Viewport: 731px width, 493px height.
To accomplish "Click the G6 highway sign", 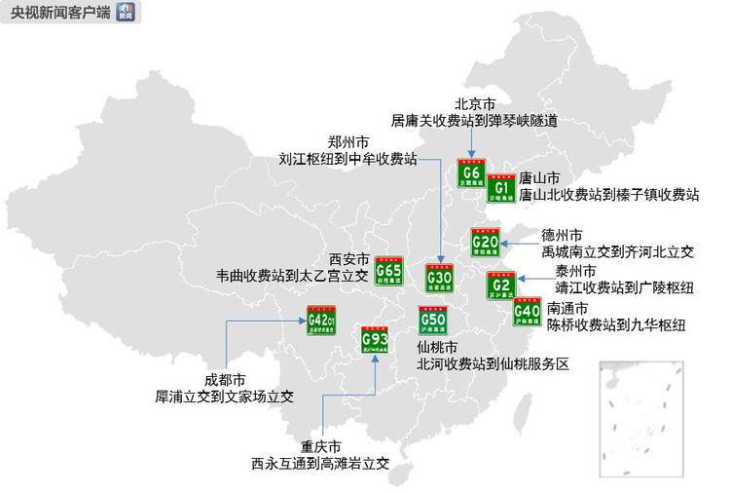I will [472, 174].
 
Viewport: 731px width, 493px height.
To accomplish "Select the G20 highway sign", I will [485, 242].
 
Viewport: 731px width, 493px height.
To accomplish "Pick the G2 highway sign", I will [500, 284].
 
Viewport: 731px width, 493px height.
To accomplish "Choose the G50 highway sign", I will [432, 321].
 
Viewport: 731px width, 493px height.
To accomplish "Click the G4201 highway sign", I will [321, 321].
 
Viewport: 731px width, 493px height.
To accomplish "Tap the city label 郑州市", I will [348, 140].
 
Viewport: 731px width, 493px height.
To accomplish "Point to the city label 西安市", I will [349, 259].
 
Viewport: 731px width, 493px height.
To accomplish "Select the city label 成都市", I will [225, 380].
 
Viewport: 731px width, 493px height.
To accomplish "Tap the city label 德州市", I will [563, 235].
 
